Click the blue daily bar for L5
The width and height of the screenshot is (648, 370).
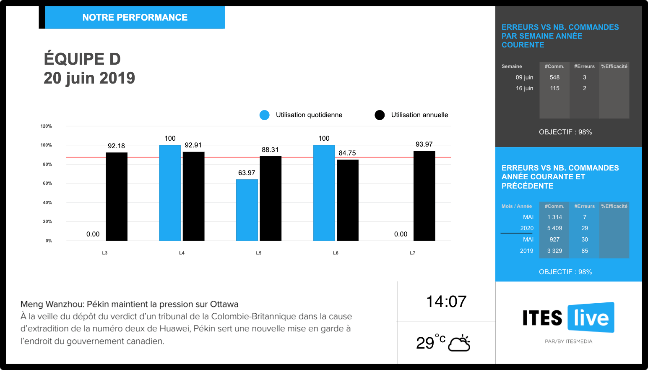point(247,210)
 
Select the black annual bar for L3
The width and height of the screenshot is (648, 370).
point(117,197)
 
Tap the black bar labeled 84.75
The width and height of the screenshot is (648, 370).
point(348,200)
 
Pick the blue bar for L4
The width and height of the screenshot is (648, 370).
point(170,193)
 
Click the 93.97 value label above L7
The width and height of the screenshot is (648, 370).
point(424,144)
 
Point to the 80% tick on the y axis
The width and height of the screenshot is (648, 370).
point(47,164)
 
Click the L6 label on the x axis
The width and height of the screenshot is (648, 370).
point(336,253)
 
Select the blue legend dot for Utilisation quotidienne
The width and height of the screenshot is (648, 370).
point(265,115)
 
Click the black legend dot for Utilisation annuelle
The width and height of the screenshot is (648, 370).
point(380,115)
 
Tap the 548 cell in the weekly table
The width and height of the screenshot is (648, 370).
point(554,77)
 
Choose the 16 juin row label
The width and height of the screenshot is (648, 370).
point(524,88)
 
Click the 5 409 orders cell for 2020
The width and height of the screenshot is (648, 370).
point(554,228)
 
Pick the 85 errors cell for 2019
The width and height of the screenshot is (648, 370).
point(585,251)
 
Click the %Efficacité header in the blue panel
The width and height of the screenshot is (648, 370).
point(614,206)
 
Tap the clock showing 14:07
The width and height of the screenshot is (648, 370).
point(446,302)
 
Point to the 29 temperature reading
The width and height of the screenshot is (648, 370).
point(425,343)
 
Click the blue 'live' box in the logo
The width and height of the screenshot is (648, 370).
point(591,318)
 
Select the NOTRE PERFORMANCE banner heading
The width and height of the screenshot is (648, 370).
point(135,18)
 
